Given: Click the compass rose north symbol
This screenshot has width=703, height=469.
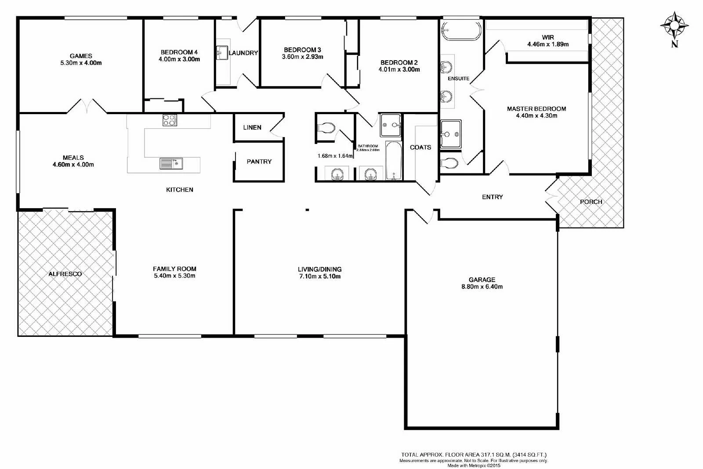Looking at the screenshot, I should (x=674, y=25).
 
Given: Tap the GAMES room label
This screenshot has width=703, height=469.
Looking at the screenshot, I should (x=81, y=56).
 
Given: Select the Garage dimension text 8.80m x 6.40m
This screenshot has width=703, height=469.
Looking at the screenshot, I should (x=482, y=287).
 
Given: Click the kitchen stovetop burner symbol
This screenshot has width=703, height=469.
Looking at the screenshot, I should (x=170, y=120).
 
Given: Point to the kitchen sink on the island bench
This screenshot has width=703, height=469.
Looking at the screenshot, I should (x=171, y=164).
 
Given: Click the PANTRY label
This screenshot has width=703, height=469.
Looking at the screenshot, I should (x=259, y=162).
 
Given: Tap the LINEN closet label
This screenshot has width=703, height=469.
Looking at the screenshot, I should (x=252, y=127).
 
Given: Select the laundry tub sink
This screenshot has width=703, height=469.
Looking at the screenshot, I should (x=222, y=53).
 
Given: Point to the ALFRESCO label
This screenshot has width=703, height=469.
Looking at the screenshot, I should (x=65, y=274).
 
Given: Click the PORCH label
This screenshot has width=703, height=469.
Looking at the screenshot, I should (x=591, y=202).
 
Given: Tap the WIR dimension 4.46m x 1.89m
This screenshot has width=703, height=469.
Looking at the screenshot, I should (x=548, y=44).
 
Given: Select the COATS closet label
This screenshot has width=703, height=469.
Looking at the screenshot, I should (x=420, y=148).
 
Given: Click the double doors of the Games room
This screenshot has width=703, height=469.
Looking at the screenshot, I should (x=87, y=106).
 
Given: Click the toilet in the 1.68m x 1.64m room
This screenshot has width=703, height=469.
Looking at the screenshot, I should (x=326, y=128).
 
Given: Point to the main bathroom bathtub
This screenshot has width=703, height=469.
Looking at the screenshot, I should (x=393, y=160).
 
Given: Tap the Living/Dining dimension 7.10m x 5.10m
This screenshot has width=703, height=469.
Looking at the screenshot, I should (x=319, y=277).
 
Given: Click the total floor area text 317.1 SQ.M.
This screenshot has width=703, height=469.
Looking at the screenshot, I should (x=474, y=455).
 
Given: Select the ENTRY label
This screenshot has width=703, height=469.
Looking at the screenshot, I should (x=492, y=197).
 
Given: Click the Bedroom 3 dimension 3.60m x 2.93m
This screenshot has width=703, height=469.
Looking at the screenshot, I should (x=302, y=57).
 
